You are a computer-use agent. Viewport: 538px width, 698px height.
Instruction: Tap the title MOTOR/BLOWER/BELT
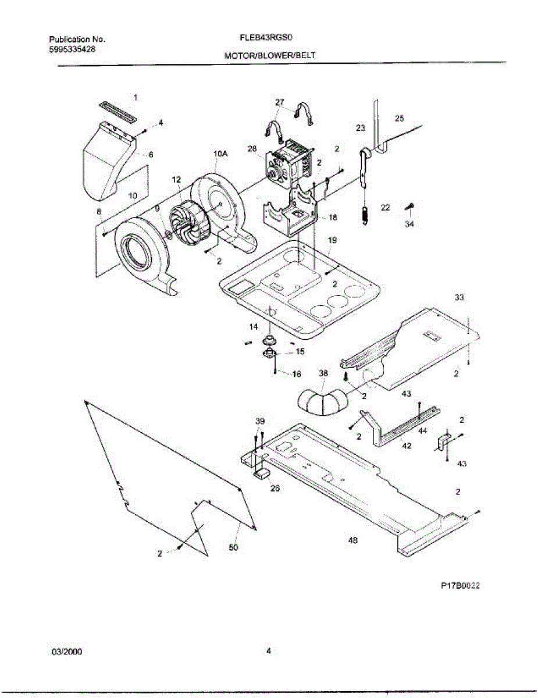[270, 56]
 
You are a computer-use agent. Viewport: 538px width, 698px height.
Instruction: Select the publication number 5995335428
[72, 49]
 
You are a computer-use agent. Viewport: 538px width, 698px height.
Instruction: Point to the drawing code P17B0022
[459, 586]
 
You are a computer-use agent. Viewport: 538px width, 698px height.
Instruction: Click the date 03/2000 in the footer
[67, 651]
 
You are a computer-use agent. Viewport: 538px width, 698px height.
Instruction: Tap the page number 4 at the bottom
[269, 651]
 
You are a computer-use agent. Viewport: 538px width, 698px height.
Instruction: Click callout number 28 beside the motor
[252, 149]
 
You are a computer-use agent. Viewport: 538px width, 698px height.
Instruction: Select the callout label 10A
[220, 154]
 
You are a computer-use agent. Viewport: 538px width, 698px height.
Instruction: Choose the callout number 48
[352, 540]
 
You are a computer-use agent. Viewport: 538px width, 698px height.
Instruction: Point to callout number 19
[332, 240]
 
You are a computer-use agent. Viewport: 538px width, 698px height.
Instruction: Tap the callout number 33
[459, 297]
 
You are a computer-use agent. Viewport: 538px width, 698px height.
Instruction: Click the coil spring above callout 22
[365, 213]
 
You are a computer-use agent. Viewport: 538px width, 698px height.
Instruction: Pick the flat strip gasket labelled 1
[117, 112]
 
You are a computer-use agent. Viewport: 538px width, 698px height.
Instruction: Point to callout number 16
[297, 374]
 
